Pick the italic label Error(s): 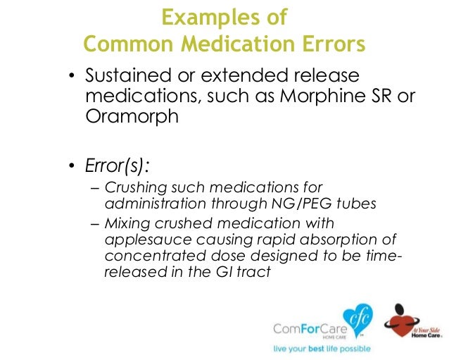coord(118,167)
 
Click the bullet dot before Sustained coord(70,77)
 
